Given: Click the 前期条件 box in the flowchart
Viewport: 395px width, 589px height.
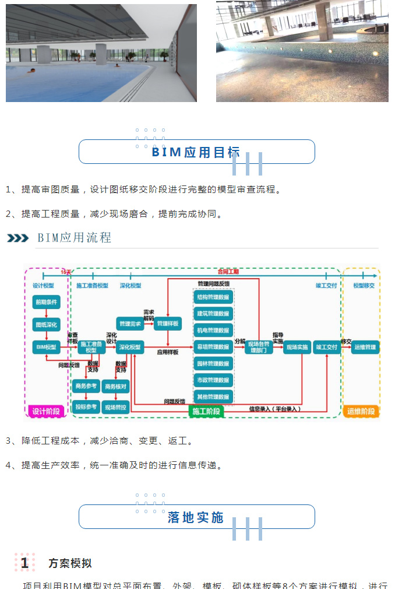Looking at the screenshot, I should click(47, 302).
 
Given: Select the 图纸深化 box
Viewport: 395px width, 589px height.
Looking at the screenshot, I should click(47, 325).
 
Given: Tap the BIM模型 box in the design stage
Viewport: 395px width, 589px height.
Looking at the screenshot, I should click(47, 348).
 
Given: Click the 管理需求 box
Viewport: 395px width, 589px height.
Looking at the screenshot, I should click(130, 324).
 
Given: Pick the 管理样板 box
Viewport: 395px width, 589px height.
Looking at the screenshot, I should click(168, 324).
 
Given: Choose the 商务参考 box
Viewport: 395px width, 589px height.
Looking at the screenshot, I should click(86, 385).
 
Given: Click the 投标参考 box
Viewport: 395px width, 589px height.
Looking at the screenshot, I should click(86, 406).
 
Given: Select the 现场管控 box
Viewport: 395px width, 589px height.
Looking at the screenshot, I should click(116, 407).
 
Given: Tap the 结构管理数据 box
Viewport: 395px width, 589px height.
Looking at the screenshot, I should click(213, 297).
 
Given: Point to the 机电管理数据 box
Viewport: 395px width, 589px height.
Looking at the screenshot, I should click(213, 330).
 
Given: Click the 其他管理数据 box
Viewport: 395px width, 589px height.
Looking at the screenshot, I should click(213, 397).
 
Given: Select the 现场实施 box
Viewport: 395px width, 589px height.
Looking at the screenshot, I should click(297, 348).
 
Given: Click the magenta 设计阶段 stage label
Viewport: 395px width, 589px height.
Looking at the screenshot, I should click(46, 411).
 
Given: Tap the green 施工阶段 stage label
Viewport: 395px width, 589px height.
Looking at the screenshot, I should click(206, 411).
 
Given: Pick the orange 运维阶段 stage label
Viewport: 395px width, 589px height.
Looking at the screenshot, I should click(362, 411).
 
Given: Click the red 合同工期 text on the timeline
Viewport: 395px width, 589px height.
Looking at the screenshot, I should click(228, 272).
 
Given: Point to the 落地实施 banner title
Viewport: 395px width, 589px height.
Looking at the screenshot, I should click(196, 517).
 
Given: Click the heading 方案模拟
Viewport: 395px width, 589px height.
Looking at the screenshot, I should click(70, 563).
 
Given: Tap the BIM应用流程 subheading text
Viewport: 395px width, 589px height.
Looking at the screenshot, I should click(74, 238).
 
